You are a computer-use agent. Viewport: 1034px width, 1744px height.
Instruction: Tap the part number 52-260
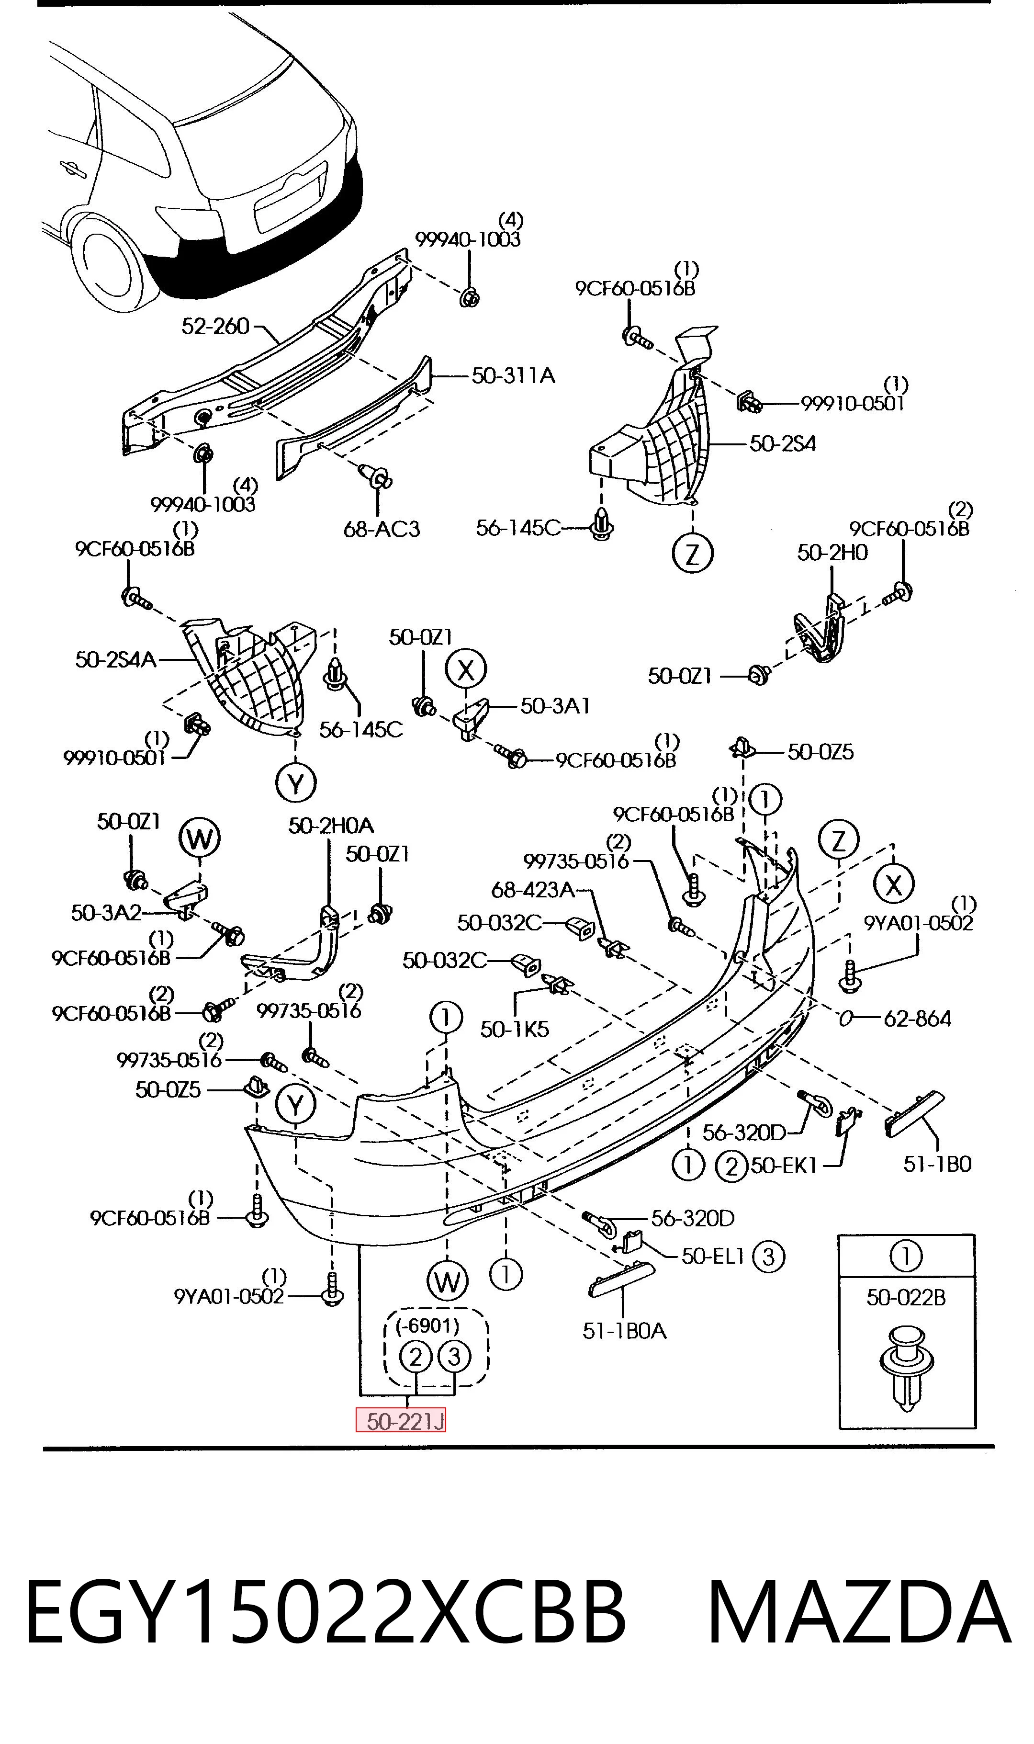215,326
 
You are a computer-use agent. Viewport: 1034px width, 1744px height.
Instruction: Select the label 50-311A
514,375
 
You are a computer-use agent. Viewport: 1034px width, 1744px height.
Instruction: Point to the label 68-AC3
382,529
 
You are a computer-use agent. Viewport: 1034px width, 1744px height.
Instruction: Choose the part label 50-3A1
555,706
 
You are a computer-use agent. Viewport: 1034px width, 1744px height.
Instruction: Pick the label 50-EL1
713,1256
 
